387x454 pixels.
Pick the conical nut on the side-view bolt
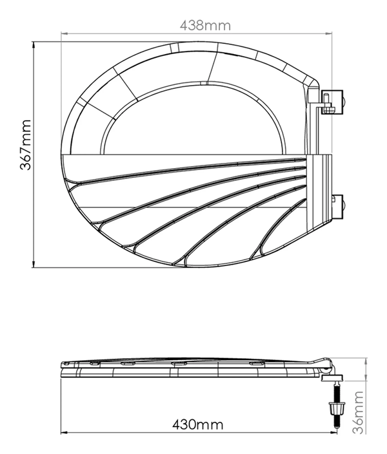[337, 408]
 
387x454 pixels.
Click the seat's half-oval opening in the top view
[193, 122]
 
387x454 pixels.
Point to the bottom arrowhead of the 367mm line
[34, 265]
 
